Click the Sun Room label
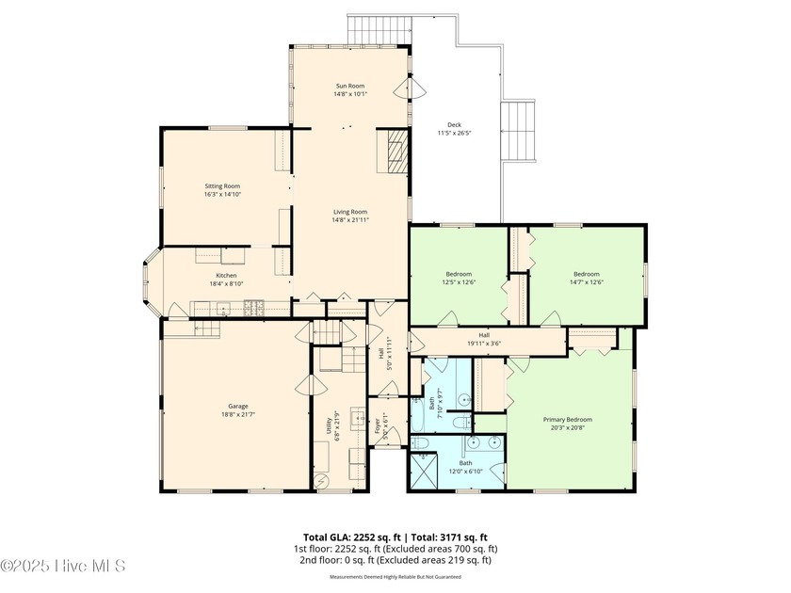[349, 86]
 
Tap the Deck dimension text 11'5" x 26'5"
[454, 134]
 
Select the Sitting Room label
[223, 186]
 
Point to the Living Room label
[349, 212]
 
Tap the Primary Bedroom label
[567, 419]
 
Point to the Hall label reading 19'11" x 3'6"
[484, 334]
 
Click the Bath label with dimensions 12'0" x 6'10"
[465, 463]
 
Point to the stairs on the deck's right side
[518, 131]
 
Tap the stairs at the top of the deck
[380, 29]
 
